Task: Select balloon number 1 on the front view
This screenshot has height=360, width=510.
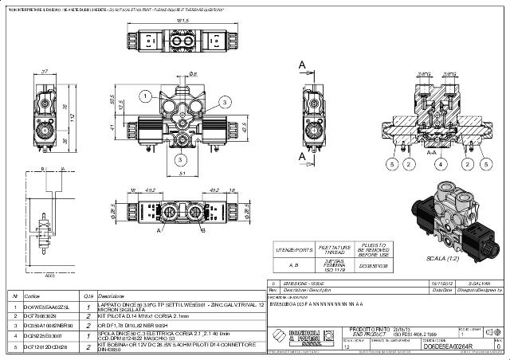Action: [146, 96]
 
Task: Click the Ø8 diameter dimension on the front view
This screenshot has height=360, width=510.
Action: [192, 73]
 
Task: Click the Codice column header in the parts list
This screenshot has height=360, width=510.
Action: [32, 295]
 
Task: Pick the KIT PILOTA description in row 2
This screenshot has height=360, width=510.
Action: [139, 315]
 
